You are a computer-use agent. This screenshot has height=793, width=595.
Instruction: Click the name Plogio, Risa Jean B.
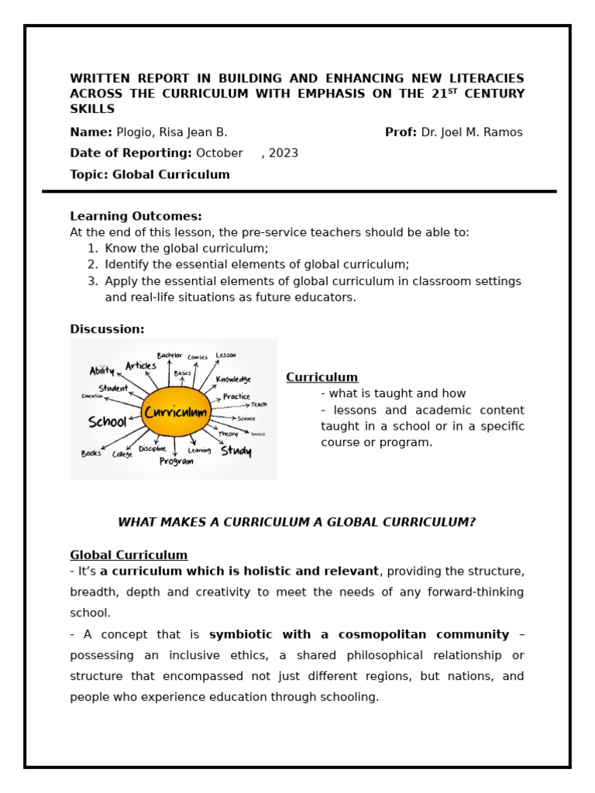point(171,132)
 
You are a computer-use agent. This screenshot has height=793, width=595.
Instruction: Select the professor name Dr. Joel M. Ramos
point(472,132)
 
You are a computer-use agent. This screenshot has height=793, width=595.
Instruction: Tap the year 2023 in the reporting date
point(284,153)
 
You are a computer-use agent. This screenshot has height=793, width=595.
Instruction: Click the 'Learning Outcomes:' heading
point(136,217)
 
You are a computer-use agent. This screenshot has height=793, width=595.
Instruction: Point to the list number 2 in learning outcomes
point(93,265)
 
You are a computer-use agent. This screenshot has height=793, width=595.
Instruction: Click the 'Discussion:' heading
point(107,329)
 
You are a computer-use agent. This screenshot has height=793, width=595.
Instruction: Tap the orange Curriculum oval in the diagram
point(176,412)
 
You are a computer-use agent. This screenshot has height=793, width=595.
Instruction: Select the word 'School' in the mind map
point(107,422)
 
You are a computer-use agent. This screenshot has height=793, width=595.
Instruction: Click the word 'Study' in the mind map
point(236,450)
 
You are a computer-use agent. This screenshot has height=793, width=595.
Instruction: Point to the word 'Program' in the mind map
point(176,462)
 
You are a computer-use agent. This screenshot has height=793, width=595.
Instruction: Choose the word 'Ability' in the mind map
point(101,371)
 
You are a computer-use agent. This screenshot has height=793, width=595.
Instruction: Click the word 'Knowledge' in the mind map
point(233,379)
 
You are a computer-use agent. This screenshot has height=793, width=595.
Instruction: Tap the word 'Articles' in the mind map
point(141,366)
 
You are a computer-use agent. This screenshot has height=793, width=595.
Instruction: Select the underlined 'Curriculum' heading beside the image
point(322,378)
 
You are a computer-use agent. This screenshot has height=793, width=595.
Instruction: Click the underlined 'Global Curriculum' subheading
point(129,555)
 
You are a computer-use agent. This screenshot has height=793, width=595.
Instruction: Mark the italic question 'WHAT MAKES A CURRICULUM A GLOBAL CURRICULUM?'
point(297,523)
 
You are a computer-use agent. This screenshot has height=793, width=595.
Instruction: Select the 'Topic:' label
point(89,175)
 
